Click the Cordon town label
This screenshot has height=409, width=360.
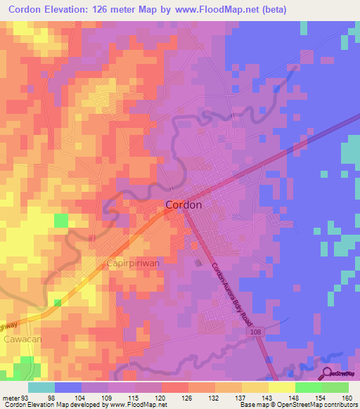(184, 205)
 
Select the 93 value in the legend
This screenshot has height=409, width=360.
(24, 397)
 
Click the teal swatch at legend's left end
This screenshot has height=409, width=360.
(41, 387)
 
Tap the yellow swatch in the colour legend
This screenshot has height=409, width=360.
(281, 387)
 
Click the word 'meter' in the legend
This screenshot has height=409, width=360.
(9, 397)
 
